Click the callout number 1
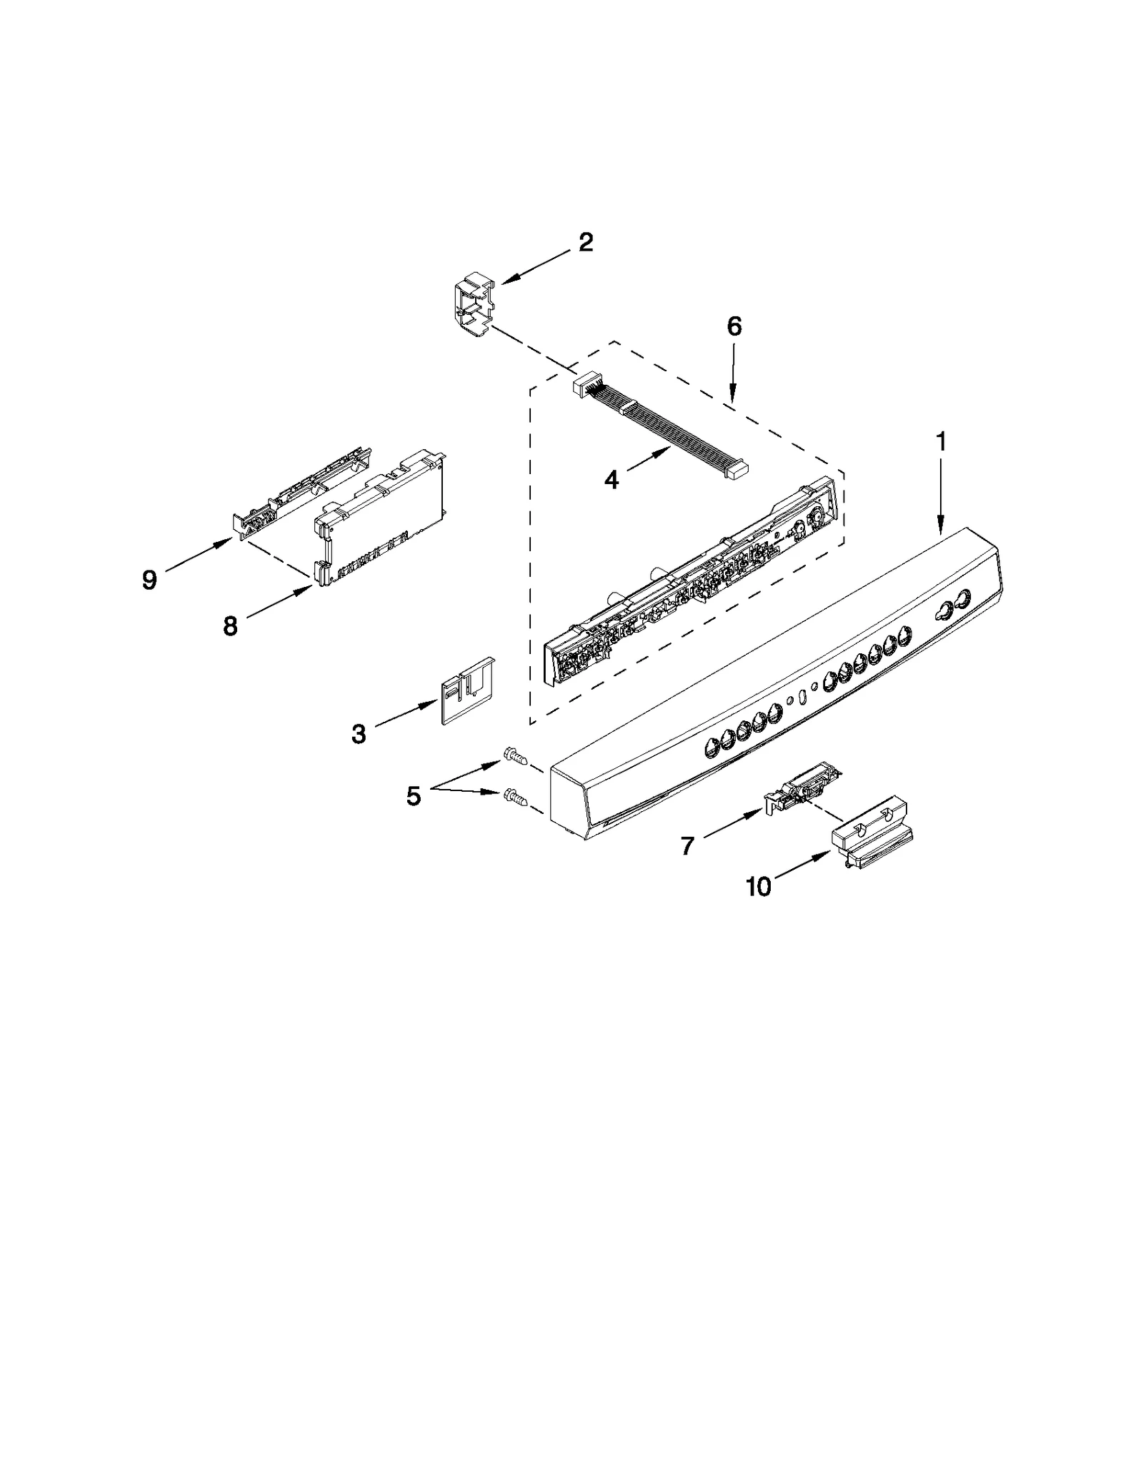(x=941, y=442)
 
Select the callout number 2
(x=585, y=243)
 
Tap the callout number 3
(x=359, y=733)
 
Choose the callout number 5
(x=414, y=795)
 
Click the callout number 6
(x=734, y=326)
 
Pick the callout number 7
(x=687, y=846)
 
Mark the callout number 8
(x=230, y=626)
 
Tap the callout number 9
(x=149, y=580)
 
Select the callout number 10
(x=759, y=887)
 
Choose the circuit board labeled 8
(x=382, y=521)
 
